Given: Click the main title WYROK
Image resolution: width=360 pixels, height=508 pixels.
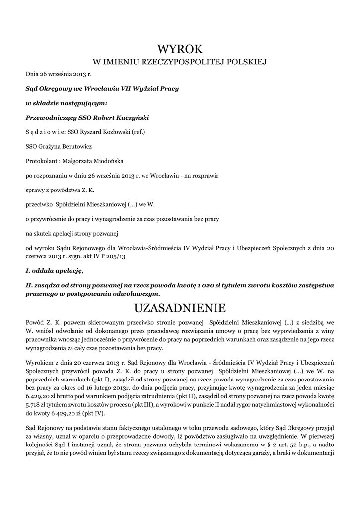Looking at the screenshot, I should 180,49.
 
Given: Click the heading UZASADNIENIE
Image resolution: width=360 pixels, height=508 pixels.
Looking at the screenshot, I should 180,308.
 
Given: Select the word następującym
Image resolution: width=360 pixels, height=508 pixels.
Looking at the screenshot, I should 84,104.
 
